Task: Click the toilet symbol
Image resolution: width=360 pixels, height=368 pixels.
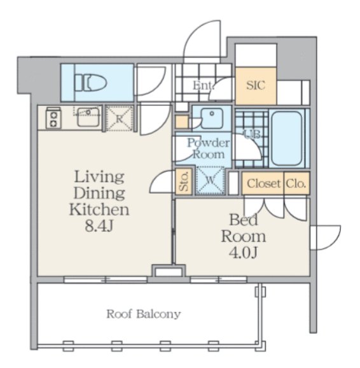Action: point(90,82)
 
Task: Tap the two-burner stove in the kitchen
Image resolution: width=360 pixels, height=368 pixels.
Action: point(53,118)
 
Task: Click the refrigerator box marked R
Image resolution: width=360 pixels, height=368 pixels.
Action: point(120,118)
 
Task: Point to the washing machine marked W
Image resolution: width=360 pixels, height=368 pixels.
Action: point(211,180)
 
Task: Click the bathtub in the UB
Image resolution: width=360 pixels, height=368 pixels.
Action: point(287,138)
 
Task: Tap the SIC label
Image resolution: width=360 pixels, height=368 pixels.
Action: point(256,85)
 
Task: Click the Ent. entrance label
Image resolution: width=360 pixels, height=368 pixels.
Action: point(203,86)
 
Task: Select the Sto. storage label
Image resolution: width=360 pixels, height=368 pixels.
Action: point(184,181)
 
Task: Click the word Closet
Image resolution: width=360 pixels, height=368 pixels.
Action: point(263,183)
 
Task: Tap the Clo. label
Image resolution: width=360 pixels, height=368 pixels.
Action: point(296,183)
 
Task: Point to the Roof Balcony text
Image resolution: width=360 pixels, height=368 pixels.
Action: point(144,314)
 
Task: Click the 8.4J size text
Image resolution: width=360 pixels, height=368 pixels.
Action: point(99,226)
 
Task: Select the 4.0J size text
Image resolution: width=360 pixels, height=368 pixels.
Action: point(244,253)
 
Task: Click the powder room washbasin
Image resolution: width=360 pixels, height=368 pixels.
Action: point(212,118)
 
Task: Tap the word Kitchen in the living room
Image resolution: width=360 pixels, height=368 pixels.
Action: point(99,209)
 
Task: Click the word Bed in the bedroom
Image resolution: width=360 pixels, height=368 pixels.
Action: point(244,220)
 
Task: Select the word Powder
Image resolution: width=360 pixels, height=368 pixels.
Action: point(208,143)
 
